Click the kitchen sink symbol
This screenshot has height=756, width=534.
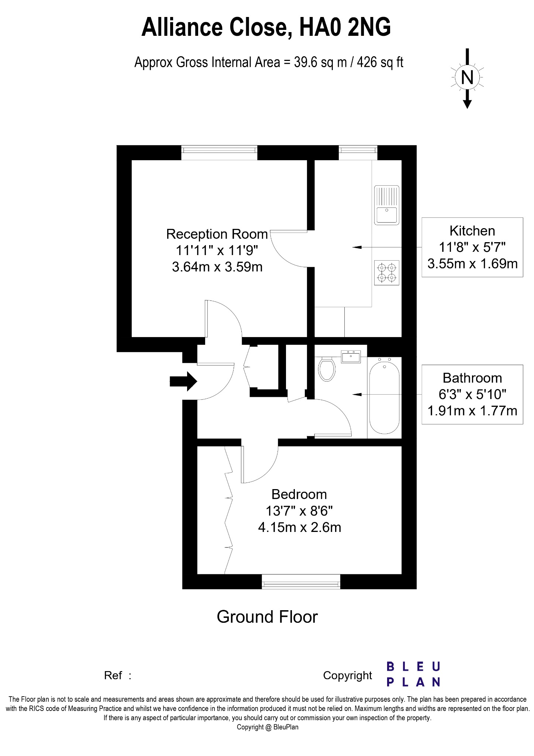(387, 205)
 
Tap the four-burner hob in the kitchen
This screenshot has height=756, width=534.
(387, 273)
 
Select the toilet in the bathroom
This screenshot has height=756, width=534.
(327, 368)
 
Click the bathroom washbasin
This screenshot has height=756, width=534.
(351, 357)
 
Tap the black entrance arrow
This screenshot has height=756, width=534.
(183, 381)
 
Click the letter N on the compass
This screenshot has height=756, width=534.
(467, 78)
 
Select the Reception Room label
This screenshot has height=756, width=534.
(217, 234)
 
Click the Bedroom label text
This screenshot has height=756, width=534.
(299, 494)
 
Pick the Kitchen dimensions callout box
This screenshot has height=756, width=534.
(472, 247)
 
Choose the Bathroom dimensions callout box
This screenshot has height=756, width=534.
(472, 395)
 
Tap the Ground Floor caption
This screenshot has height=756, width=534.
(267, 617)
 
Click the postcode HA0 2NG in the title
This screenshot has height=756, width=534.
(345, 28)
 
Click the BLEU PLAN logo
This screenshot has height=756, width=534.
(413, 674)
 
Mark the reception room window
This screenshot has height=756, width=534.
(219, 152)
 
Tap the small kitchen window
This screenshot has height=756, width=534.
(358, 152)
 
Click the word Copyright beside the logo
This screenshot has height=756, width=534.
(347, 676)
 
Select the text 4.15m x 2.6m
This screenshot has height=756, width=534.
(299, 528)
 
